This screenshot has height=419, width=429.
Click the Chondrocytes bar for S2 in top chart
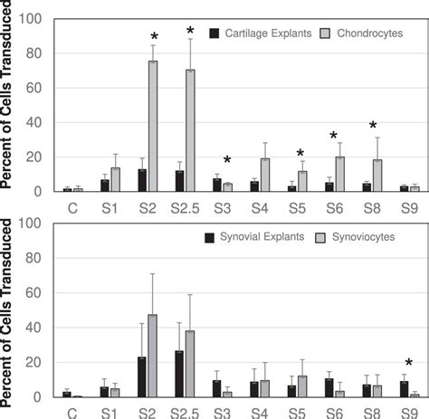point(153,127)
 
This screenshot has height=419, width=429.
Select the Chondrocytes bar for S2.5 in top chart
point(190,131)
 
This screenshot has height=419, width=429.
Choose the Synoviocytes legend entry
point(371,237)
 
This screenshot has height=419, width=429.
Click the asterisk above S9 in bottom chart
point(408,364)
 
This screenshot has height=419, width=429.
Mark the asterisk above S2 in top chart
point(153,37)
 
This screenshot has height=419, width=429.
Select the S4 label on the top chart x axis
point(260,207)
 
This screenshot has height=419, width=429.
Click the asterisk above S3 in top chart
point(227,160)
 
